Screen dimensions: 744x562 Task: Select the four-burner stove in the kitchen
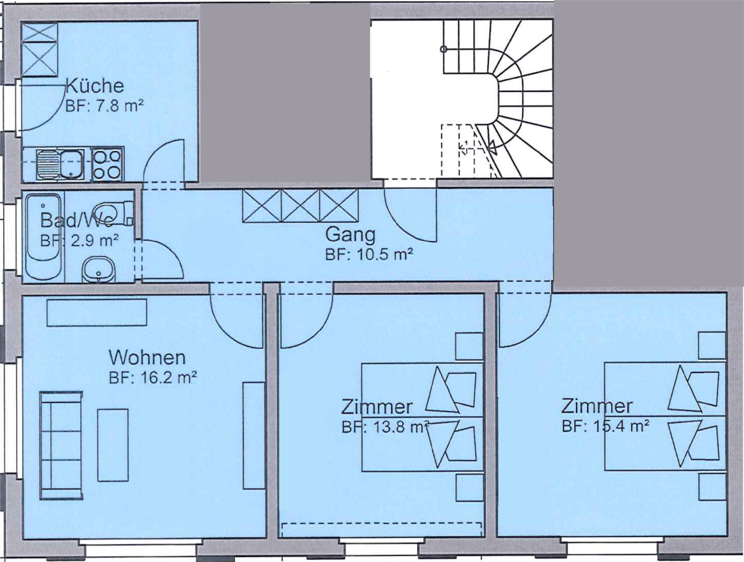(108, 164)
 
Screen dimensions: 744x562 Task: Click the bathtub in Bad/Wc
(44, 237)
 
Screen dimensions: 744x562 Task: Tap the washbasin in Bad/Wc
(99, 269)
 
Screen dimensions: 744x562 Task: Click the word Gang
(350, 235)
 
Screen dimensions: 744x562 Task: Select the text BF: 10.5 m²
(369, 254)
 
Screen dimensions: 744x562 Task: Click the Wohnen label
(147, 357)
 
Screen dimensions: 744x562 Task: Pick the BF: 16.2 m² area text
(153, 377)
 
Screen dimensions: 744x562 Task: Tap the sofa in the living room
(61, 445)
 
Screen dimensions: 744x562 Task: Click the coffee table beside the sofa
(113, 445)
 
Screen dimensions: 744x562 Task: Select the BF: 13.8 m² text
(385, 427)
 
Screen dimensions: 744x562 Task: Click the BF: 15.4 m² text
(605, 426)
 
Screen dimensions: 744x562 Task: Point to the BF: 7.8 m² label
(104, 106)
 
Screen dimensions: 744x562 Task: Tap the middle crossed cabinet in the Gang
(301, 206)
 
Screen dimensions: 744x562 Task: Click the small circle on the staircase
(443, 49)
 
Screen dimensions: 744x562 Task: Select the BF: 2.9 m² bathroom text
(79, 241)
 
